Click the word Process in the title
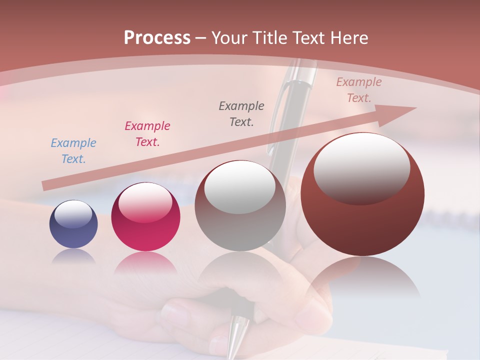157,37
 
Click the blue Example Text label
73,150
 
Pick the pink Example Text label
147,133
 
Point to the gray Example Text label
241,113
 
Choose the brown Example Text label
359,90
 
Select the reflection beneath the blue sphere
73,256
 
